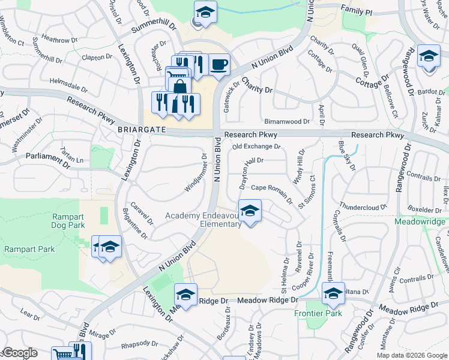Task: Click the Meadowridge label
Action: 420,221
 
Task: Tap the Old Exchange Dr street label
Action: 256,146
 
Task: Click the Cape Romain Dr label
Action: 271,188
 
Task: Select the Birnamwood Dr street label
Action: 286,121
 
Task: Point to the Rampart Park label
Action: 29,249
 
